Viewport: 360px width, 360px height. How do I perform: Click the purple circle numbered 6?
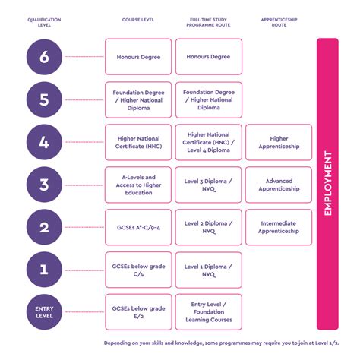pyautogui.click(x=43, y=56)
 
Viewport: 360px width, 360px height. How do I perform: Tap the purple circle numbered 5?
pyautogui.click(x=43, y=99)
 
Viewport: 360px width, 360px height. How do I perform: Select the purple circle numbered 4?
pyautogui.click(x=43, y=142)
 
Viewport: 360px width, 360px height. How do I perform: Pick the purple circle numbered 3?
pyautogui.click(x=43, y=185)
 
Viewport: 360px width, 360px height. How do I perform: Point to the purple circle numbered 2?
pyautogui.click(x=43, y=227)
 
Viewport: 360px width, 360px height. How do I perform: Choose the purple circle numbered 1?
pyautogui.click(x=43, y=269)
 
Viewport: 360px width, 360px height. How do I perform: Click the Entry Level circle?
pyautogui.click(x=43, y=311)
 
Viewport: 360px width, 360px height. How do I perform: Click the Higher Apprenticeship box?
pyautogui.click(x=279, y=142)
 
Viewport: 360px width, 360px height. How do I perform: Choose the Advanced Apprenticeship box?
pyautogui.click(x=279, y=185)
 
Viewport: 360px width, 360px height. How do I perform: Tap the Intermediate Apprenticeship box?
pyautogui.click(x=279, y=227)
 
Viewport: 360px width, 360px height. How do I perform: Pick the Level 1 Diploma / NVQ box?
pyautogui.click(x=208, y=270)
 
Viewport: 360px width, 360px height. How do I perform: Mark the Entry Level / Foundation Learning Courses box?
pyautogui.click(x=208, y=311)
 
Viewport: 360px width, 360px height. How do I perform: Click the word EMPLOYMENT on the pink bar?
pyautogui.click(x=327, y=185)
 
